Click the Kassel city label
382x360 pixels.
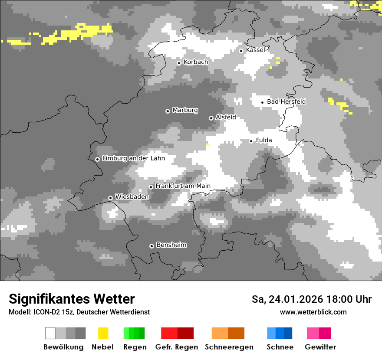click(x=255, y=50)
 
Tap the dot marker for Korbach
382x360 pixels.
click(x=179, y=63)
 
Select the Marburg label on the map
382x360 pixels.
click(x=185, y=110)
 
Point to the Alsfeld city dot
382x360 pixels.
click(x=211, y=118)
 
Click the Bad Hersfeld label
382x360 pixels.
click(x=286, y=101)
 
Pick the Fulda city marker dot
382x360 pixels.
click(x=251, y=141)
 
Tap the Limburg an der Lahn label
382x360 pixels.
click(x=133, y=158)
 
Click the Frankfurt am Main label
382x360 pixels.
click(x=183, y=186)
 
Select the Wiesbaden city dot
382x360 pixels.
click(x=111, y=198)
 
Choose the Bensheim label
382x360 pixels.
click(x=171, y=245)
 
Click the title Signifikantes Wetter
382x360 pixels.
click(x=72, y=299)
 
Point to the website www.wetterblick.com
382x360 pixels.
click(x=313, y=312)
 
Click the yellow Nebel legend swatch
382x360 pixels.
click(x=103, y=333)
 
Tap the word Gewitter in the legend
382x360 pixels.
click(x=320, y=347)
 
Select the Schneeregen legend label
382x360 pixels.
click(x=229, y=347)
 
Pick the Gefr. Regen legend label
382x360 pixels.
click(x=176, y=347)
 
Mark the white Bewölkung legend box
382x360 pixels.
click(x=50, y=333)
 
